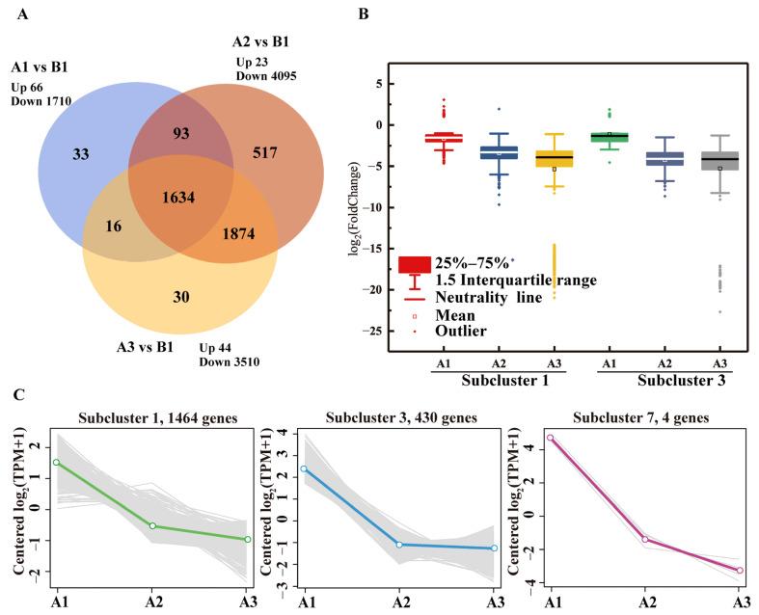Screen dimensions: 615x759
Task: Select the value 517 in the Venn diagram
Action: pyautogui.click(x=267, y=152)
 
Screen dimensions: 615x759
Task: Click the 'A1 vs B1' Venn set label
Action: pyautogui.click(x=46, y=68)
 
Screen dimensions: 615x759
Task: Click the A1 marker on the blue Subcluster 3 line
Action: pyautogui.click(x=306, y=468)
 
